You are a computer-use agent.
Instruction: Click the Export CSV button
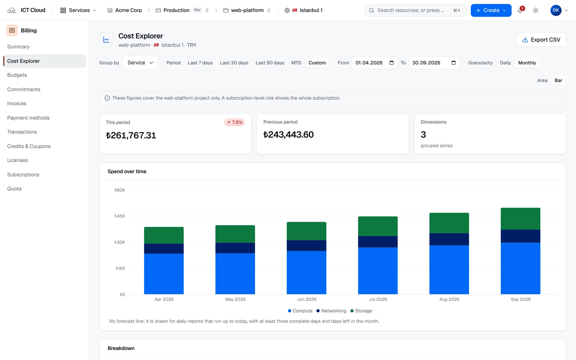point(541,40)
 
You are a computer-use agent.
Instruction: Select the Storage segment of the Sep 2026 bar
point(520,219)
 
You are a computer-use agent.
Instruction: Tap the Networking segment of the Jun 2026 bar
point(306,246)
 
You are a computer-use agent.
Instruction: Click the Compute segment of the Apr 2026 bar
point(164,274)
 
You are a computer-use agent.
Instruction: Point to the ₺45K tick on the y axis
point(120,216)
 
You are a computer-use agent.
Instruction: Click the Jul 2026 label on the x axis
point(378,299)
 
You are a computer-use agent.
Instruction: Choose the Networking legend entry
point(331,311)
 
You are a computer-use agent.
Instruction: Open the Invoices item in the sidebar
point(17,103)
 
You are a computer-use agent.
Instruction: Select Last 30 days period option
point(234,63)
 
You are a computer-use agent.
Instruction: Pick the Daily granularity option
point(505,63)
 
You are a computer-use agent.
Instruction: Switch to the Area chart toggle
point(542,80)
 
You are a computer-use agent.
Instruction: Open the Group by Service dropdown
point(140,63)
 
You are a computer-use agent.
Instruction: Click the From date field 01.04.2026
point(375,63)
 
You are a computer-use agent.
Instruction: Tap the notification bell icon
point(520,10)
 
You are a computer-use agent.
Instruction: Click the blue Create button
point(491,10)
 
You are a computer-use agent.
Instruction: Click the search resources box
point(415,10)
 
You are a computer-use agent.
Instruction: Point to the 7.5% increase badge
point(234,122)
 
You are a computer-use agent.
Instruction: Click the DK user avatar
point(556,10)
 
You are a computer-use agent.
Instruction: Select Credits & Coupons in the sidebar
point(29,146)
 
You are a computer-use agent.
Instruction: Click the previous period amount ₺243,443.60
point(288,135)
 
